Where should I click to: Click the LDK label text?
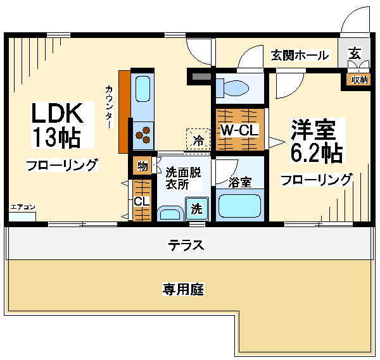tap(58, 114)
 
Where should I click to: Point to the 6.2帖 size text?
tap(317, 152)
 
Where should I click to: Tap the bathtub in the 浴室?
tap(239, 206)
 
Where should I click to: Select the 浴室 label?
tap(240, 182)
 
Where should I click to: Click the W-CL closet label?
tap(239, 131)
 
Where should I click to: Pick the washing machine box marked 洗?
tap(196, 208)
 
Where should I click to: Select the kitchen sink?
tap(142, 89)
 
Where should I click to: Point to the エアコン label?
tap(22, 207)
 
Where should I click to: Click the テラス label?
tap(186, 244)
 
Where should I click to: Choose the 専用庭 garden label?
tap(182, 289)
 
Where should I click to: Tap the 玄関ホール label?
tap(300, 56)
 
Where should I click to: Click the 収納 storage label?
tap(358, 79)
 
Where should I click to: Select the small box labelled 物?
tap(142, 166)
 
